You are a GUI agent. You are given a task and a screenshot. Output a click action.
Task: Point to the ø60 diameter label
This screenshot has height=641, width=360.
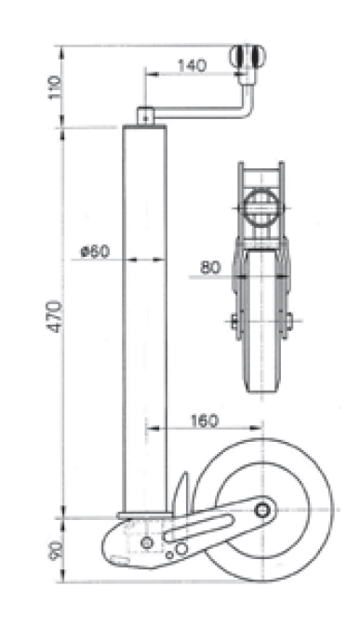point(95,250)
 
